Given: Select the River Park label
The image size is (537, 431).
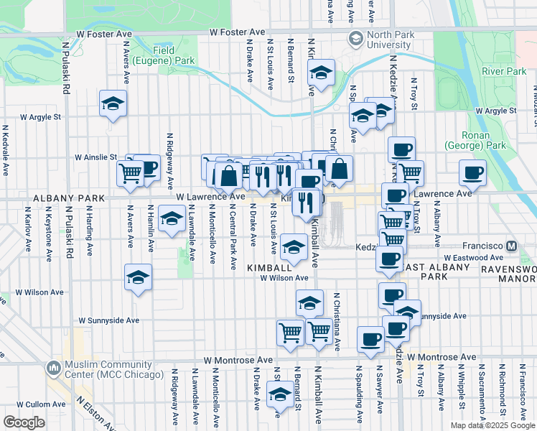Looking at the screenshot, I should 504,71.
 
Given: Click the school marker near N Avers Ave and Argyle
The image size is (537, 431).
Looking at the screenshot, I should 113,104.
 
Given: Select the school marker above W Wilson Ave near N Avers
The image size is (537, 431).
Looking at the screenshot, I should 138,277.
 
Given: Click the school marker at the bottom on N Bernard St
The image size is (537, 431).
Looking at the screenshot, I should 279,394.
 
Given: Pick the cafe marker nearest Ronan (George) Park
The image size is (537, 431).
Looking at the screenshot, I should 472,172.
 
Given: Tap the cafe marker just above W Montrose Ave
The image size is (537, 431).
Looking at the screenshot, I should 370,339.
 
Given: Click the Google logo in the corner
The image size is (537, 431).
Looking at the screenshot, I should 24,422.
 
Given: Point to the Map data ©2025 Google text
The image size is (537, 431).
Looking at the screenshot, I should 492,425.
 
